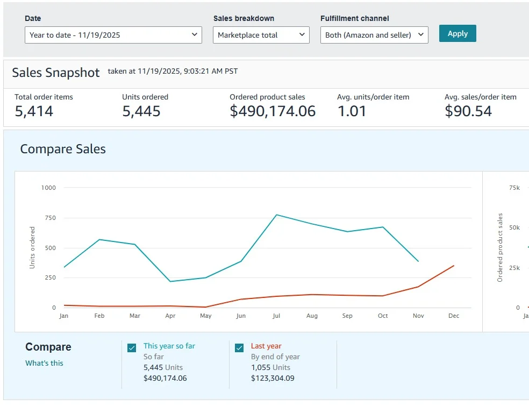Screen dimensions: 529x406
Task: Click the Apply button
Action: (x=457, y=33)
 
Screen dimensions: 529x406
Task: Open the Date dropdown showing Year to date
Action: (x=113, y=35)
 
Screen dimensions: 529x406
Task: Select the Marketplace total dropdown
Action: (x=261, y=35)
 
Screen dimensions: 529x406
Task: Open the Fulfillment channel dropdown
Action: (x=374, y=35)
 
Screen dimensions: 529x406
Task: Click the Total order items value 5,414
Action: (x=34, y=111)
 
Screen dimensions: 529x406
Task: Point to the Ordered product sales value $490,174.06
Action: (x=273, y=111)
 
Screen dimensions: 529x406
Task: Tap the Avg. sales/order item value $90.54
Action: (x=468, y=111)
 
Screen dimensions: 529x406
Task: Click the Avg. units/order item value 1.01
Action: (x=352, y=111)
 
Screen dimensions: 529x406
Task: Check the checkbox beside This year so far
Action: (x=132, y=347)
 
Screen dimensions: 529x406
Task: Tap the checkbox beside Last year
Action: (x=239, y=347)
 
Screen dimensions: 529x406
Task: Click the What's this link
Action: (x=44, y=363)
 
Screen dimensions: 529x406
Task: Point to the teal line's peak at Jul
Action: (x=276, y=215)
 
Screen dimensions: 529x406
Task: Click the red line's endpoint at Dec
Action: (x=454, y=266)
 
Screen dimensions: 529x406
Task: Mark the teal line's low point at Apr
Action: (x=170, y=281)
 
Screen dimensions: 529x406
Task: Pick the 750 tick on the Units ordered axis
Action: (x=51, y=218)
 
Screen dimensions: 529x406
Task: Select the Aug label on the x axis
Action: (x=312, y=316)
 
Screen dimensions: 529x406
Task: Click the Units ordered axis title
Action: (x=32, y=247)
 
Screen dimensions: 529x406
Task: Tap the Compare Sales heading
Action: (x=63, y=149)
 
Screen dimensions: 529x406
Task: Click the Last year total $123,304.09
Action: (x=273, y=378)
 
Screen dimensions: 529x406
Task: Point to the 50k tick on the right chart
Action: (x=514, y=228)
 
